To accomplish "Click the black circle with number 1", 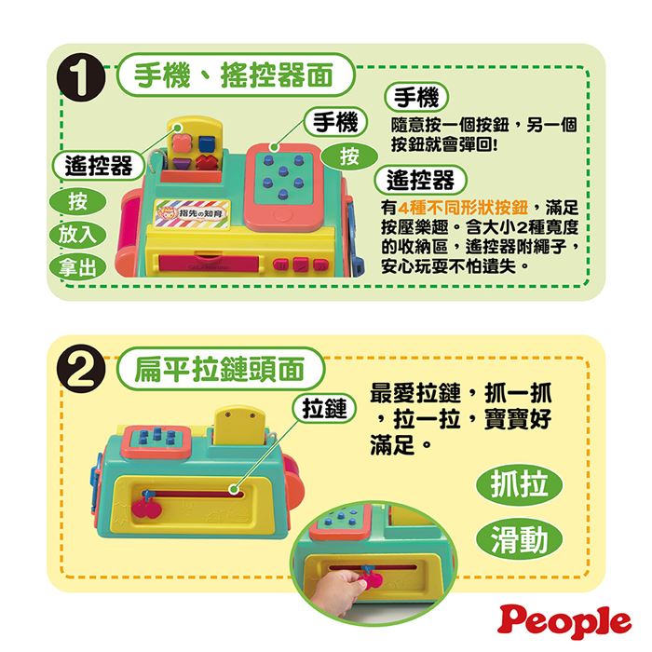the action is pos(81,77).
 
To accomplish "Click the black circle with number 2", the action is pos(81,369).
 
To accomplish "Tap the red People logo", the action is pos(564,622).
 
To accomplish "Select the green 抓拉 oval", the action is pos(519,485).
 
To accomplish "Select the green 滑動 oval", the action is pos(519,539).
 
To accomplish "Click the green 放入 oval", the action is pos(77,235).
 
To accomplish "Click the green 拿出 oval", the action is pos(77,267).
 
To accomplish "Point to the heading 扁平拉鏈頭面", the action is pos(220,369).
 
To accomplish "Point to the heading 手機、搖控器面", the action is pos(235,75).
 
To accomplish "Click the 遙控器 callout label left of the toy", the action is pos(99,166).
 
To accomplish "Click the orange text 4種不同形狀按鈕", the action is pos(463,207).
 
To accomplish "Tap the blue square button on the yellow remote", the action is pos(206,143).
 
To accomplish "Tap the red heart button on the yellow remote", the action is pos(207,162).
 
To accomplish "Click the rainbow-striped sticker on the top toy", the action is pos(193,213).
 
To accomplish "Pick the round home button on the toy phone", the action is pos(284,217).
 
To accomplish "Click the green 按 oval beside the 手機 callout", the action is pos(349,156).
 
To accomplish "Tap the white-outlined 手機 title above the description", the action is pos(416,98).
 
